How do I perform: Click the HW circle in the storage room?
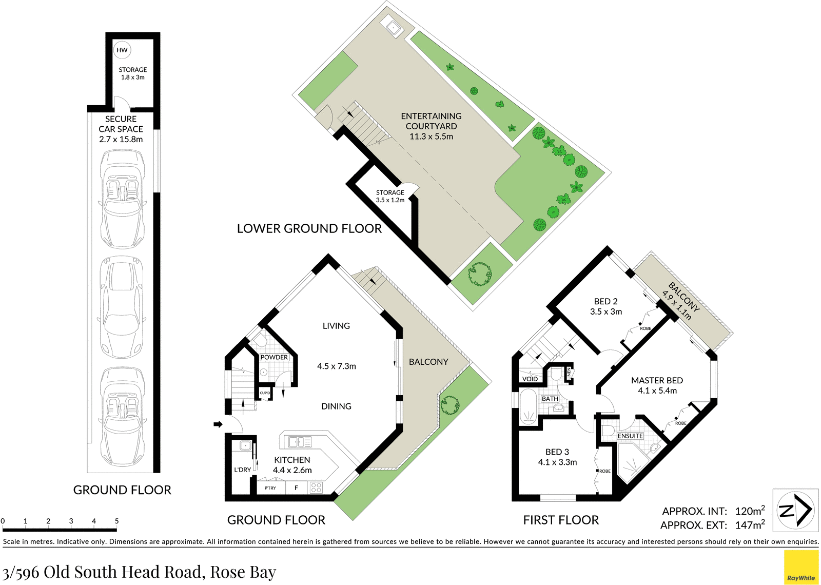[122, 50]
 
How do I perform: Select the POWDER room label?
[274, 357]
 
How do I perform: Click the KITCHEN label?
[292, 460]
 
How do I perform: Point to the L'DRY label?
[243, 470]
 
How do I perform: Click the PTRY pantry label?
[270, 488]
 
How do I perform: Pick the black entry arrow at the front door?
[218, 424]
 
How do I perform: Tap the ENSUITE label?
[630, 436]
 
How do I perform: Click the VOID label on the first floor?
[530, 379]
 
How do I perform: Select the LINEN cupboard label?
[569, 374]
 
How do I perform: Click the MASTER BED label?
[657, 380]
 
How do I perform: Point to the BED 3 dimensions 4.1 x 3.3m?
[557, 462]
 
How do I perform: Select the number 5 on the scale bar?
[116, 521]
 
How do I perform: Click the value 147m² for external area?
[750, 525]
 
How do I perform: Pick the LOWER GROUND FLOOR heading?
[309, 228]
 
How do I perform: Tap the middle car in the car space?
[121, 307]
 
